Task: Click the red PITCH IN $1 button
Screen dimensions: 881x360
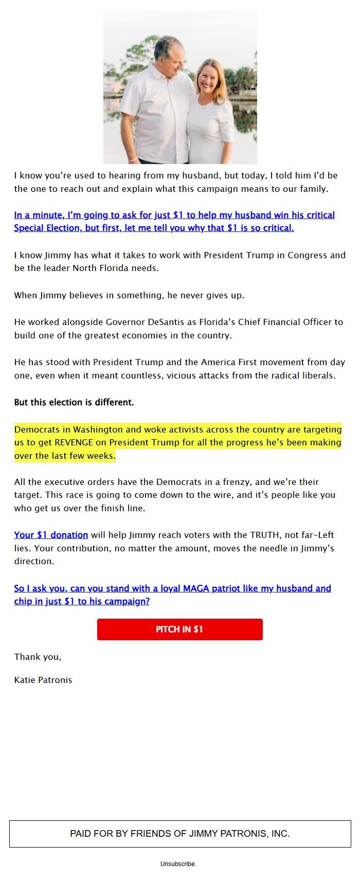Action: (x=179, y=629)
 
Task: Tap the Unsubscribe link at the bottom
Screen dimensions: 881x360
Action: (x=178, y=864)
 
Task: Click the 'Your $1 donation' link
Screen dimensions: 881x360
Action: (x=51, y=535)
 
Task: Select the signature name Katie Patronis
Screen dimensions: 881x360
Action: (x=43, y=680)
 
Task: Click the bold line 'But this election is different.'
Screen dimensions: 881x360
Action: (x=74, y=402)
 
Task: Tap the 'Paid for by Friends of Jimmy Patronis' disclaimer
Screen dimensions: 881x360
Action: (x=180, y=834)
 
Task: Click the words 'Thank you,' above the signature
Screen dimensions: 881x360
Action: (x=38, y=657)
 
